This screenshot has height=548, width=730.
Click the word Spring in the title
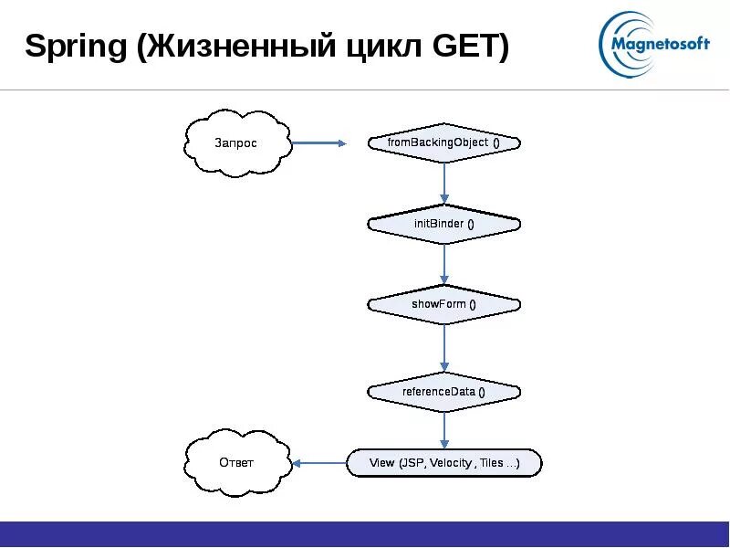[x=76, y=47]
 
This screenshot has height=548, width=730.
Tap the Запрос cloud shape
[x=236, y=143]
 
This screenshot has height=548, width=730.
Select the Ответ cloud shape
[x=236, y=462]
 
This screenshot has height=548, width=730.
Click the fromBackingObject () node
[x=443, y=142]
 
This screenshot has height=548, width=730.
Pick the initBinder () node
[x=443, y=224]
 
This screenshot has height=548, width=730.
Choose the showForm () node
[x=443, y=304]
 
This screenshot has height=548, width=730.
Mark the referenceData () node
[x=443, y=392]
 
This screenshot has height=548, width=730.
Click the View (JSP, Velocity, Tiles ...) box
[x=444, y=463]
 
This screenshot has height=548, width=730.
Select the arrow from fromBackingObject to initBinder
[x=444, y=184]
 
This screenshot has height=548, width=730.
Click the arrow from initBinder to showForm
[x=444, y=265]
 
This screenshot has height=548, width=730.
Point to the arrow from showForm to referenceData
[x=444, y=348]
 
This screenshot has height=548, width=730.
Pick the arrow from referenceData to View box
[x=444, y=430]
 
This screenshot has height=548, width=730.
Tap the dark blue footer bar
[x=365, y=533]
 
